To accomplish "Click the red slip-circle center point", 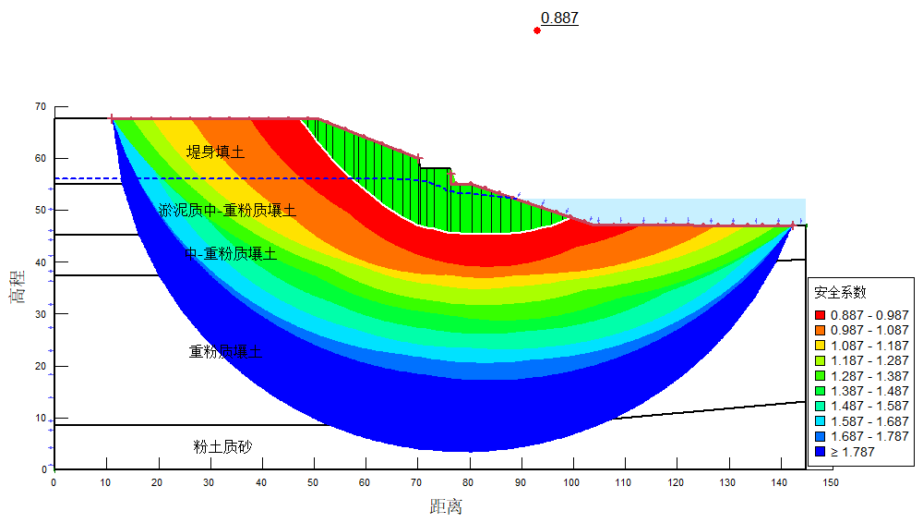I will (537, 30).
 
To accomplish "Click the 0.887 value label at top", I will (559, 18).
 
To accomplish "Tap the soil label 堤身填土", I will (215, 152).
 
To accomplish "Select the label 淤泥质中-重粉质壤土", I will (227, 211).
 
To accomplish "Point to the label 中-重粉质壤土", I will (231, 253).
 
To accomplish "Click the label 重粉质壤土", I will (226, 352).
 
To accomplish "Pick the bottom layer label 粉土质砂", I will (222, 447).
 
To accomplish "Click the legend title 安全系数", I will (840, 292).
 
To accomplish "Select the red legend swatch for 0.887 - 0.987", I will (820, 315).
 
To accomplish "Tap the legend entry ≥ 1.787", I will (853, 452).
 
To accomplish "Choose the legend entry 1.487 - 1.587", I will (869, 407).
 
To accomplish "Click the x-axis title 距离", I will (446, 506).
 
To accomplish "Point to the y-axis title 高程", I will (18, 287).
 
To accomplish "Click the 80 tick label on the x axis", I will (469, 482).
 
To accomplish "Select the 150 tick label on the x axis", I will (832, 482).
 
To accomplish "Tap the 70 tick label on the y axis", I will (40, 106).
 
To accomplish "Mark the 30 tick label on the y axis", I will (40, 314).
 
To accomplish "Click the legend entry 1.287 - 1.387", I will (869, 376).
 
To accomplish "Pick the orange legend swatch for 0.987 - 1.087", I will (820, 330).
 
